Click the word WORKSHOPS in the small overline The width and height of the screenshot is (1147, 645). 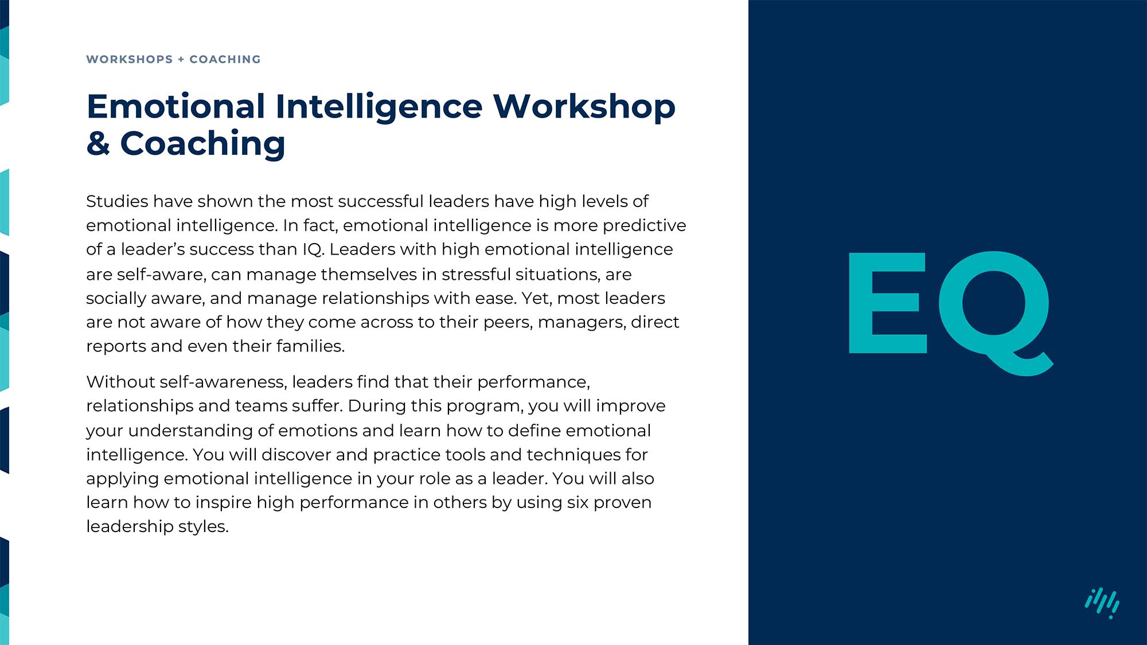click(129, 60)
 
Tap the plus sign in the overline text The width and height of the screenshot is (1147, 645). click(181, 60)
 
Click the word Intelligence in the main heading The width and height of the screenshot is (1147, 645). click(379, 107)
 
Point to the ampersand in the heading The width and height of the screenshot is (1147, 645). click(98, 143)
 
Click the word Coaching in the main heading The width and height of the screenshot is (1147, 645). click(202, 143)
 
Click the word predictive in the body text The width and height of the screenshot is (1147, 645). click(644, 225)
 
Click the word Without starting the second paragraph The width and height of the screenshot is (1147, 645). click(120, 382)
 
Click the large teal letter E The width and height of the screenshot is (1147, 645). click(887, 303)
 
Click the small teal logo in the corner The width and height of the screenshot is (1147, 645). click(1102, 603)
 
